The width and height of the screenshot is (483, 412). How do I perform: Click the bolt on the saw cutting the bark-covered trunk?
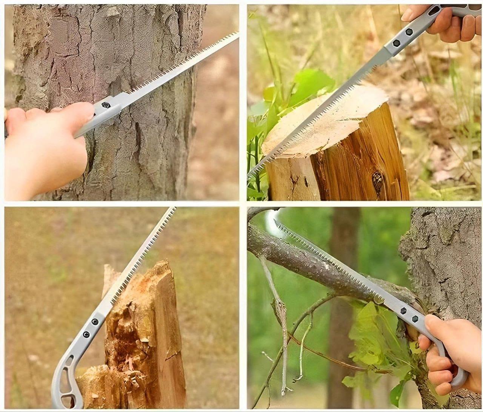coord(106,105)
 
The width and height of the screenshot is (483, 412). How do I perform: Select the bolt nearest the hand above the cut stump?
coord(409,32)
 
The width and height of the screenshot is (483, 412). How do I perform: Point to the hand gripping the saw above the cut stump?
coord(449,25)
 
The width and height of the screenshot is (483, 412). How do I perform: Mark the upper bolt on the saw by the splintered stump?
coord(95,322)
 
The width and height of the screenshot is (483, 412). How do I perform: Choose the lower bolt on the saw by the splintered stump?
coord(86,334)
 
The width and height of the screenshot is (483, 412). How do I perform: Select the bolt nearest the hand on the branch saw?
coord(415,319)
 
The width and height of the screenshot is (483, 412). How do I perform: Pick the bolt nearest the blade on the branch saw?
coord(403,311)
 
